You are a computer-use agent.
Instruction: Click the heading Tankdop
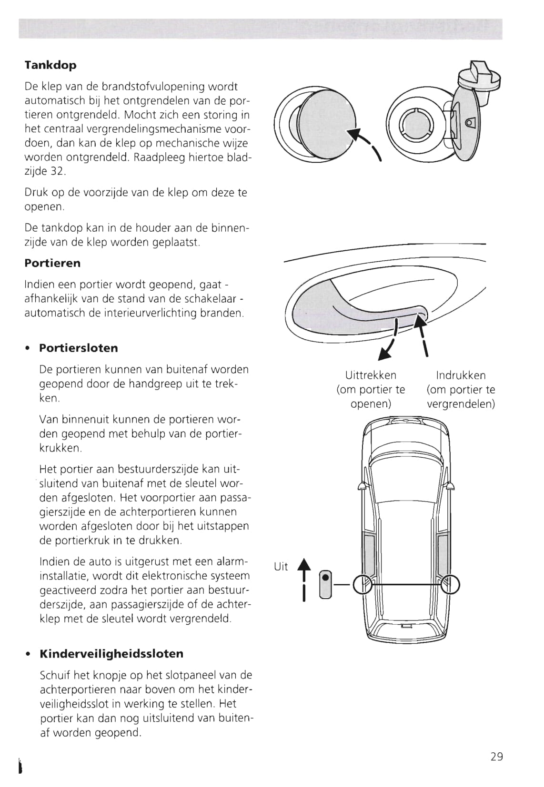tap(50, 65)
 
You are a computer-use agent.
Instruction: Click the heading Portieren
tap(52, 263)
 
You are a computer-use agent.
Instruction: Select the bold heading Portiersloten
tap(79, 348)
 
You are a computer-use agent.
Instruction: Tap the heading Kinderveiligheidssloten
tap(111, 653)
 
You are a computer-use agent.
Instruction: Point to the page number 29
tap(496, 756)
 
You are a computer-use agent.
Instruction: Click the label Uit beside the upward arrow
tap(281, 566)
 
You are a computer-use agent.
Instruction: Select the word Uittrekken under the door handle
tap(371, 375)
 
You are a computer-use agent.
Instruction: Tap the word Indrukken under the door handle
tap(461, 375)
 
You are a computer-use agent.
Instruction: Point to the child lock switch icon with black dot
tap(325, 584)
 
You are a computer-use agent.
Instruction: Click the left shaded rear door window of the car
tap(370, 557)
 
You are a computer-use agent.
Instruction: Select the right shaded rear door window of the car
tap(443, 557)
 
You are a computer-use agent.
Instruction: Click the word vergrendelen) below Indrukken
tap(461, 404)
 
